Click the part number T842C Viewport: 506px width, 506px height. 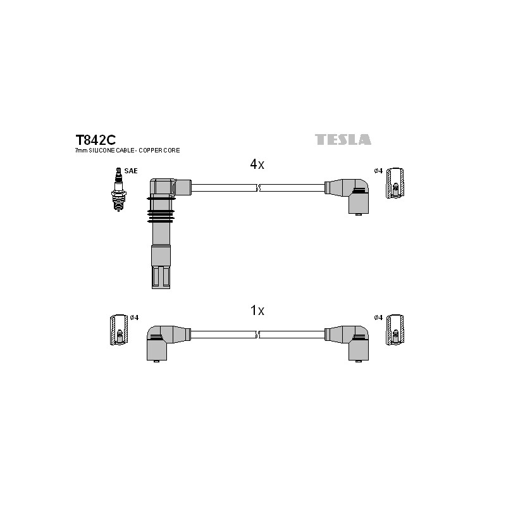pyautogui.click(x=96, y=140)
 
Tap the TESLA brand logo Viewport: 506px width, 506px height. pyautogui.click(x=343, y=139)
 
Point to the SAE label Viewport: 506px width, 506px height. pyautogui.click(x=131, y=171)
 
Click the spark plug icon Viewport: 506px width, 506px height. pyautogui.click(x=118, y=189)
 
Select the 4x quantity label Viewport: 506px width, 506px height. pyautogui.click(x=257, y=164)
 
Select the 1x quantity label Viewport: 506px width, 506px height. pyautogui.click(x=257, y=311)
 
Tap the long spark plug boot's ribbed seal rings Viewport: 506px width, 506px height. pyautogui.click(x=161, y=210)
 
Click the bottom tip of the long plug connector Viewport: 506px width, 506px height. pyautogui.click(x=161, y=288)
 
